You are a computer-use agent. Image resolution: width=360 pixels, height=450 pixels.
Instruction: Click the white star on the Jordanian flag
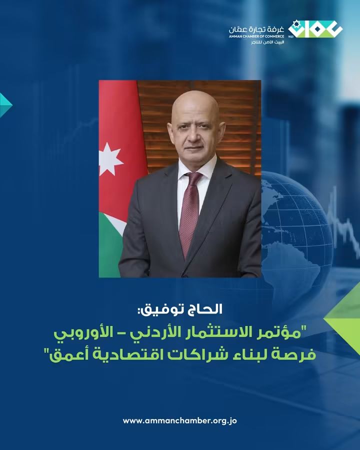click(x=110, y=159)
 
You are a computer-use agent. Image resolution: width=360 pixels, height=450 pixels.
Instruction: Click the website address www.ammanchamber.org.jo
click(x=179, y=420)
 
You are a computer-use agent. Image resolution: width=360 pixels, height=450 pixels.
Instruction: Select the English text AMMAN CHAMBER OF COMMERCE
click(x=256, y=36)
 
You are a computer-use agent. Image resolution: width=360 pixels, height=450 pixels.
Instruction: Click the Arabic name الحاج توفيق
click(x=180, y=310)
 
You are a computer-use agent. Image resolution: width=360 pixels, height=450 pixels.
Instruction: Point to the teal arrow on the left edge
click(x=5, y=105)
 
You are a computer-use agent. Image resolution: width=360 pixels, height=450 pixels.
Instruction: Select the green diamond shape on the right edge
click(x=343, y=318)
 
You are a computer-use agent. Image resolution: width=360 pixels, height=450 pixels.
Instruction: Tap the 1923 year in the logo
click(x=290, y=36)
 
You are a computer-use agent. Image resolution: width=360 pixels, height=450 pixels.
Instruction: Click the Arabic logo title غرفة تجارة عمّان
click(x=256, y=29)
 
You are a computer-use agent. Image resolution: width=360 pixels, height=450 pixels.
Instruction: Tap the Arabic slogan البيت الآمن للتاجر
click(x=267, y=42)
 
